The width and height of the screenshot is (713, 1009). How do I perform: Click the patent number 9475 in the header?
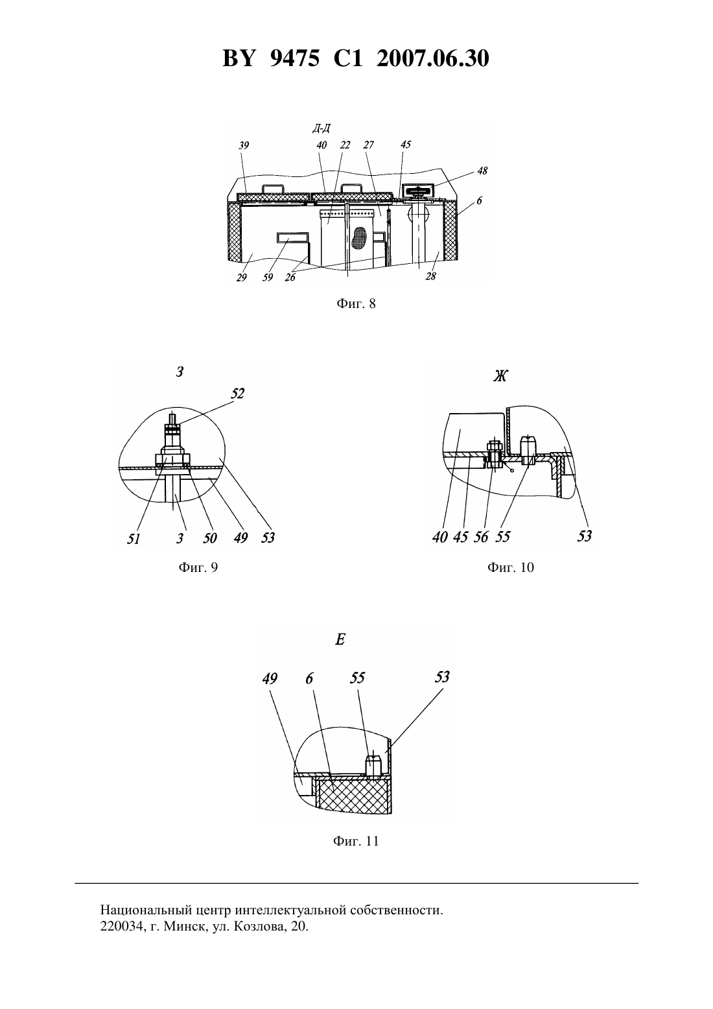tap(295, 58)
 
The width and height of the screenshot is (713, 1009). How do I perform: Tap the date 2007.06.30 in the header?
tap(432, 58)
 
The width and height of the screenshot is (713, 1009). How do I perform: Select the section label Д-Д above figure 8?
tap(321, 129)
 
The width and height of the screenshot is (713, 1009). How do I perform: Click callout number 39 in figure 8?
tap(244, 145)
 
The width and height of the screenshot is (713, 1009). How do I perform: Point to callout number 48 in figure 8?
tap(482, 171)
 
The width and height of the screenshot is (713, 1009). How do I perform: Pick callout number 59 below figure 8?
tap(268, 277)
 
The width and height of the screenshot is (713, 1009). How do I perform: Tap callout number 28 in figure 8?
tap(431, 276)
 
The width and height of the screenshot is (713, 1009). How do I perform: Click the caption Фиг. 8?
tap(356, 303)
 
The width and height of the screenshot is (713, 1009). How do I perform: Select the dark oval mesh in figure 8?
tap(360, 238)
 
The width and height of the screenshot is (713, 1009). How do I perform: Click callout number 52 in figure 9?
tap(237, 393)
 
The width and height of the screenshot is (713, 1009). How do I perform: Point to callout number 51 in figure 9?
tap(134, 538)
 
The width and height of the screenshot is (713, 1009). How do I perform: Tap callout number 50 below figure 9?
tap(210, 538)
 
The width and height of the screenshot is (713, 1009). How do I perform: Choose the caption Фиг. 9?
tap(198, 567)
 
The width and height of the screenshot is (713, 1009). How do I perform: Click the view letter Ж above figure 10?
tap(500, 376)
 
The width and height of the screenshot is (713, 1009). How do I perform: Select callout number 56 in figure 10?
tap(481, 536)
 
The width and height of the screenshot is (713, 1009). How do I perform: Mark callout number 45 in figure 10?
tap(460, 536)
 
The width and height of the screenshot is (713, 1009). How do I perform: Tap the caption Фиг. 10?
tap(511, 567)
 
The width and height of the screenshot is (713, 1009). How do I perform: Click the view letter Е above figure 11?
tap(340, 639)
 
